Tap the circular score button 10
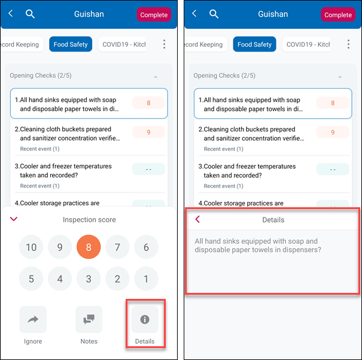coord(31,247)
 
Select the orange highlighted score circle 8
coord(89,247)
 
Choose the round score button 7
coord(117,247)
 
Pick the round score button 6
coord(146,247)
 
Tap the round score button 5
coord(31,279)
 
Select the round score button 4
coord(60,279)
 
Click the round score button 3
coord(89,279)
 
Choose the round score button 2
coord(117,279)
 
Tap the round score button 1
coord(146,279)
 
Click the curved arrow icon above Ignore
coord(33,319)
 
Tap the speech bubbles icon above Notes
coord(89,319)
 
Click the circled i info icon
coord(145,319)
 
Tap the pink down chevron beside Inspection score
coord(14,219)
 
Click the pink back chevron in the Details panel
coord(197,219)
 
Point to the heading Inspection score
coord(89,219)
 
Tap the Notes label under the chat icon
coord(89,341)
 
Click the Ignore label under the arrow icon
coord(33,341)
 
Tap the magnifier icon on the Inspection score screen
coord(30,14)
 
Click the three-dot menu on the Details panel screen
coord(348,44)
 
